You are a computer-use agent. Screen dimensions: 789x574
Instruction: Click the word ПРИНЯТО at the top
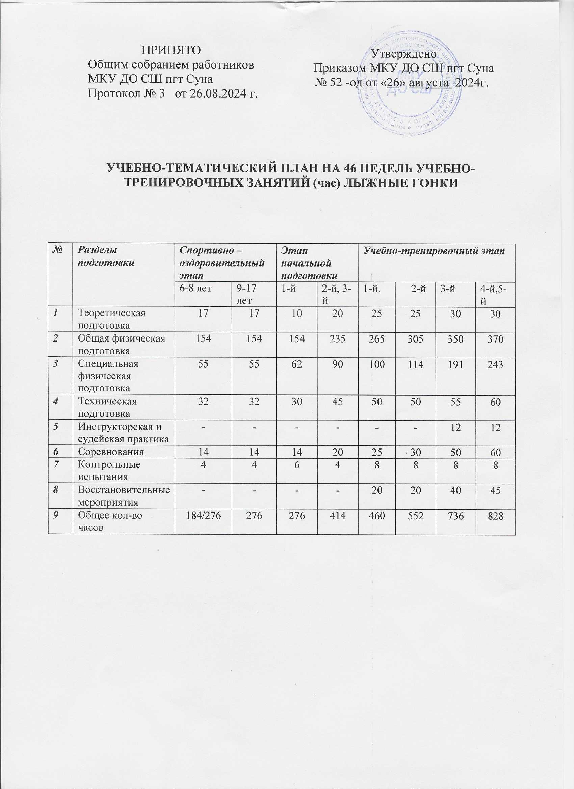coord(171,50)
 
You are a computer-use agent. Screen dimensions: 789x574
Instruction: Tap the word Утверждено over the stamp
coord(403,54)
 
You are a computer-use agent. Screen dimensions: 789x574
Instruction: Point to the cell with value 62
coord(296,364)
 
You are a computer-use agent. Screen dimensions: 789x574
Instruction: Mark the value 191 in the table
coord(455,364)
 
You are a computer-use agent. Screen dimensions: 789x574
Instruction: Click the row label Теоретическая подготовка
coord(112,319)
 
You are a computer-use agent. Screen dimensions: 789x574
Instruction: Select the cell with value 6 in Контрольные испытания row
coord(296,464)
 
